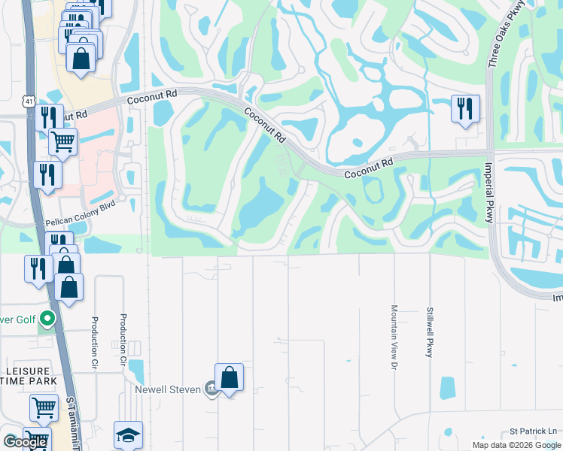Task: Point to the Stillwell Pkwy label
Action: point(430,331)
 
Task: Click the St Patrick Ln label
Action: point(533,431)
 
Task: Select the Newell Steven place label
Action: point(168,389)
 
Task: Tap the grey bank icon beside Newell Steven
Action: point(212,389)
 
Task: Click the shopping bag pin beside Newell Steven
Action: point(229,377)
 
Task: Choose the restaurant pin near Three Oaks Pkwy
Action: point(465,108)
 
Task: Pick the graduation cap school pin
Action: point(128,434)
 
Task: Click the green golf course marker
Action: point(47,320)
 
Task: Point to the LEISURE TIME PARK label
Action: point(29,377)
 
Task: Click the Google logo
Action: point(25,441)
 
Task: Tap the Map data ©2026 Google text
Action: point(516,445)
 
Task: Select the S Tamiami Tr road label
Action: point(72,421)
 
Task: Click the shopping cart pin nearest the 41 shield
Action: point(62,140)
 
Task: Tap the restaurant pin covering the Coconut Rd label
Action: point(48,117)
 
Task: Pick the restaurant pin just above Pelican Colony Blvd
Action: point(47,174)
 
